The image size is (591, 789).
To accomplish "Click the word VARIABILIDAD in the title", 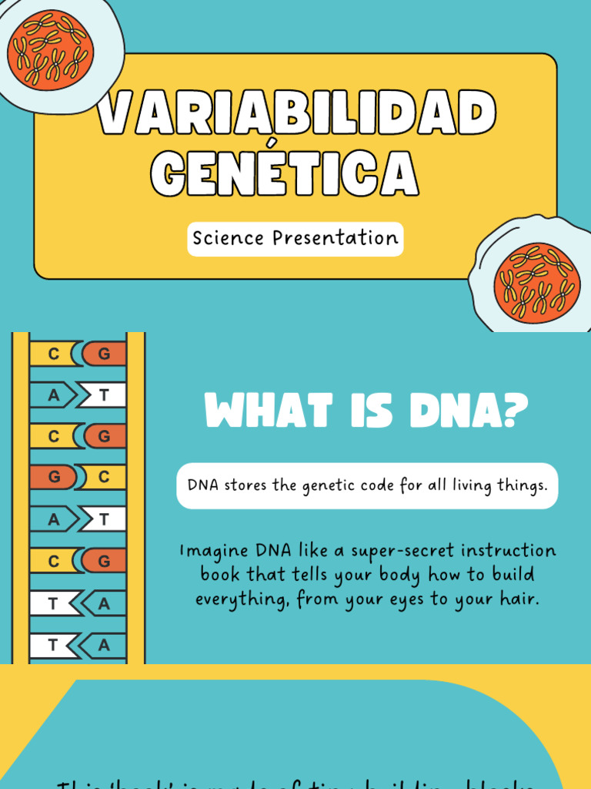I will point(295,116).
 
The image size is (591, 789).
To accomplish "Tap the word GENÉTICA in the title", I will point(285,173).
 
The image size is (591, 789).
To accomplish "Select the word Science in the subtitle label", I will point(229,238).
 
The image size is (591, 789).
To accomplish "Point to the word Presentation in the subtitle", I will point(336,238).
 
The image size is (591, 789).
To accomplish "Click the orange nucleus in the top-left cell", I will point(50,48).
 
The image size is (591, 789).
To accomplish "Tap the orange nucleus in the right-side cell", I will point(538,281).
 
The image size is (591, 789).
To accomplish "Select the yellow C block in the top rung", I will point(52,354).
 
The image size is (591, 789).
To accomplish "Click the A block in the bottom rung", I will point(105,645).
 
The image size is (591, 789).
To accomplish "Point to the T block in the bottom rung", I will point(52,645).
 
